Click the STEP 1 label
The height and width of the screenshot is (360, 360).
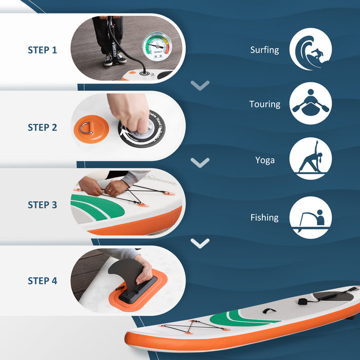pos(42,50)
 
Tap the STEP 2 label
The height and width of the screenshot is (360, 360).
pos(42,127)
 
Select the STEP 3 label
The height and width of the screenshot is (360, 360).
pos(42,205)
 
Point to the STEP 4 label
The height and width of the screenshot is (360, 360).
pos(42,281)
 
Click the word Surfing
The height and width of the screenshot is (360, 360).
pos(264,50)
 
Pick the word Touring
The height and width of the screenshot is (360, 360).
pos(264,104)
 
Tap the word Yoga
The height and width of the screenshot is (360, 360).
pos(265,160)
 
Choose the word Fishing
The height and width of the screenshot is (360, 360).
pos(264,218)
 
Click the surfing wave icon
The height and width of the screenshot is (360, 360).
pos(310,49)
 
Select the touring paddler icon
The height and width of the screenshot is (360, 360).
pos(310,103)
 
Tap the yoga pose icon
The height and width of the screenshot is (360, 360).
pos(310,159)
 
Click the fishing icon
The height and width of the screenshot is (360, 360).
pos(310,218)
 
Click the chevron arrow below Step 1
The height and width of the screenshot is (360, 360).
pos(200,85)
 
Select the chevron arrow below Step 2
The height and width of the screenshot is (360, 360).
pos(200,163)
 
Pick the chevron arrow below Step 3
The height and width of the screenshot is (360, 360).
pos(200,243)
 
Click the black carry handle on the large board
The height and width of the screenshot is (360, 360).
pos(268,311)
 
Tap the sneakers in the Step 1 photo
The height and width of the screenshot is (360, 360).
pos(115,59)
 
